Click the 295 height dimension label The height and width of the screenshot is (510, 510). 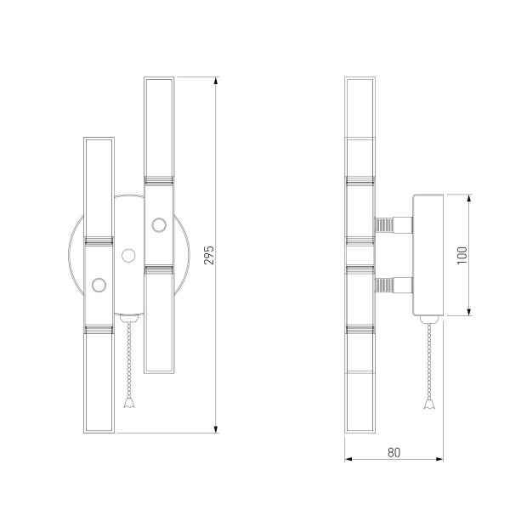tap(209, 255)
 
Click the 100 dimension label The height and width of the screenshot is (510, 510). tap(462, 255)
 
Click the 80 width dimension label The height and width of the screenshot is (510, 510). tap(394, 452)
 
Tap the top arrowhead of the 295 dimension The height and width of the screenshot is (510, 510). tap(216, 81)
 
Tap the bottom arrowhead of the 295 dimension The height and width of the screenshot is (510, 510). tap(216, 429)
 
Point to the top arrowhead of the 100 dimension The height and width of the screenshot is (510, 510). tap(469, 198)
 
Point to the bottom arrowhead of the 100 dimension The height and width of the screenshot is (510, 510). tap(469, 312)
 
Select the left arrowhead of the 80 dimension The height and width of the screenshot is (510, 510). tap(348, 459)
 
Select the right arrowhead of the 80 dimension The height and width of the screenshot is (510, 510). tap(439, 459)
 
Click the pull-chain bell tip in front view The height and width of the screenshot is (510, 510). tap(129, 403)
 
